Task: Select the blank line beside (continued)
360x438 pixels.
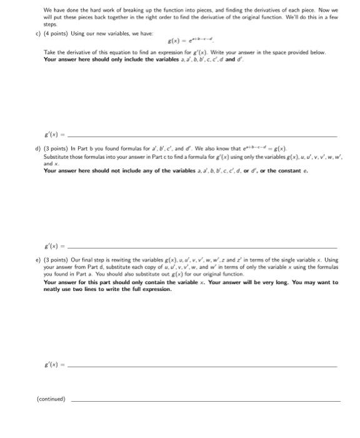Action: tap(206, 399)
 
